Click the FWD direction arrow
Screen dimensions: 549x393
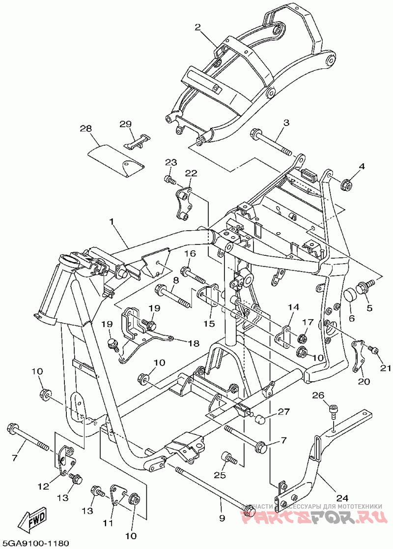point(33,518)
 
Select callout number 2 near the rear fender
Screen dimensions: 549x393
point(198,28)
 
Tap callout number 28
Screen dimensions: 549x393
point(86,129)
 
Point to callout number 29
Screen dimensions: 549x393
point(126,123)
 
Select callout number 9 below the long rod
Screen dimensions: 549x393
point(222,517)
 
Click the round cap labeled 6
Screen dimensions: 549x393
point(350,296)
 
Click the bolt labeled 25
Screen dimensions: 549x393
point(229,458)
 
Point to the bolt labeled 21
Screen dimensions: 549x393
point(373,350)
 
